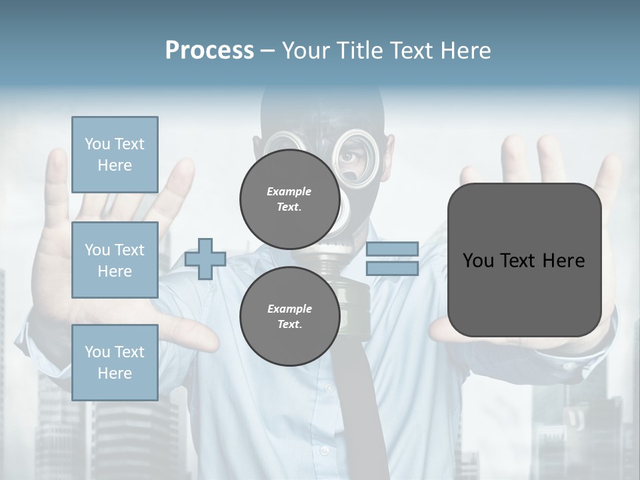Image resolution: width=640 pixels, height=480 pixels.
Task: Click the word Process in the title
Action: [209, 51]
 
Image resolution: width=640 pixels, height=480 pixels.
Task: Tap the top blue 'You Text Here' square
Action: [115, 155]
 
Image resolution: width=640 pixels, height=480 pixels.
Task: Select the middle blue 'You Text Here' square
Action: [115, 260]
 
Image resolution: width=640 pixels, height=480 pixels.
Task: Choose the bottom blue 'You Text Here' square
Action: [115, 363]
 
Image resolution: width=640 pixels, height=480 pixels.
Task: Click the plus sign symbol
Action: [205, 259]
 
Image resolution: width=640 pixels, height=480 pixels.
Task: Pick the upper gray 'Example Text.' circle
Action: [289, 199]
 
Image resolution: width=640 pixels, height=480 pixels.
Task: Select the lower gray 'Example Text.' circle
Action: [289, 317]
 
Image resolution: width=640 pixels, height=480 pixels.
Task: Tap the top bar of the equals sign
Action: [392, 249]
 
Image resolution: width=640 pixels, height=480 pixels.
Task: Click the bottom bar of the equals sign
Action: [392, 269]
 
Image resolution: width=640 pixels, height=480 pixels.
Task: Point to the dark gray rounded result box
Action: [524, 260]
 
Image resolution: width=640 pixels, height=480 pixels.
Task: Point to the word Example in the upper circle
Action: [289, 192]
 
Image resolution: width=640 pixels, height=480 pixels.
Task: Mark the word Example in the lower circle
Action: [289, 309]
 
